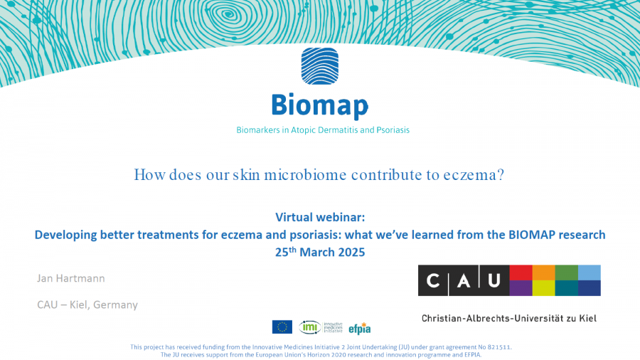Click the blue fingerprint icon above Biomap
pyautogui.click(x=319, y=66)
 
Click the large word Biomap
pyautogui.click(x=319, y=106)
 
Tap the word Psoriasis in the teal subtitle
pyautogui.click(x=393, y=130)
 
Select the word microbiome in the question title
pyautogui.click(x=306, y=175)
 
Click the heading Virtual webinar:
pyautogui.click(x=320, y=217)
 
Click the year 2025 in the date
pyautogui.click(x=351, y=253)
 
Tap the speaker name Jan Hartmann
pyautogui.click(x=71, y=278)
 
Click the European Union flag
pyautogui.click(x=282, y=327)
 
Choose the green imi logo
pyautogui.click(x=310, y=327)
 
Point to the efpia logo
pyautogui.click(x=360, y=328)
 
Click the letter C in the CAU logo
pyautogui.click(x=432, y=281)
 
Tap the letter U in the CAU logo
pyautogui.click(x=494, y=281)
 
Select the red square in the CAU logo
pyautogui.click(x=521, y=272)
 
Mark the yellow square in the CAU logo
pyautogui.click(x=544, y=288)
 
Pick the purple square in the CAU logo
pyautogui.click(x=521, y=288)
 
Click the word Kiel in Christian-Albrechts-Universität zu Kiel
pyautogui.click(x=588, y=318)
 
